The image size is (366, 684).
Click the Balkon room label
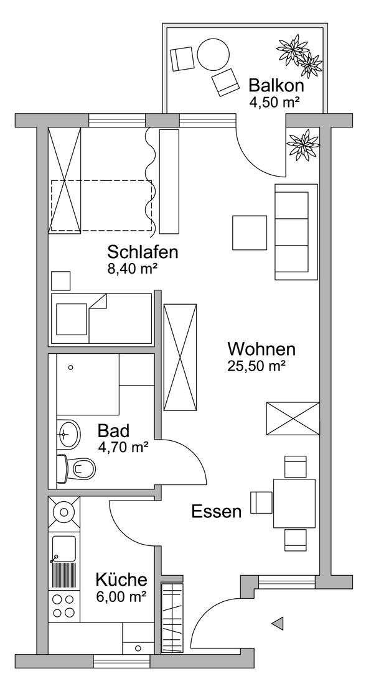[x=276, y=85]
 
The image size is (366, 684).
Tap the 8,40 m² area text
[x=133, y=269]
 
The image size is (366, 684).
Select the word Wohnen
[x=261, y=349]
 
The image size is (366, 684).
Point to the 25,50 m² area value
[x=257, y=366]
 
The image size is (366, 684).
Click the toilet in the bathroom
[x=76, y=469]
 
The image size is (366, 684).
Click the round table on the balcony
[x=213, y=55]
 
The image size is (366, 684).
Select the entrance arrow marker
[x=278, y=623]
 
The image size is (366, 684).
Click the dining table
[x=294, y=504]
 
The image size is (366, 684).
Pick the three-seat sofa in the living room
[x=296, y=232]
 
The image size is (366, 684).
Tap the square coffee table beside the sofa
[x=250, y=233]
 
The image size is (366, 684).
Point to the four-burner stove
[x=64, y=605]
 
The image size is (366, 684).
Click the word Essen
[x=217, y=512]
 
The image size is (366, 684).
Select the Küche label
[x=121, y=580]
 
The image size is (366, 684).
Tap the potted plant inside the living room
[x=304, y=144]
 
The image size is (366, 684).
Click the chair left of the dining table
[x=261, y=502]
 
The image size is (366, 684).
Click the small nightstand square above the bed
[x=61, y=281]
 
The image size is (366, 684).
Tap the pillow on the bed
[x=72, y=320]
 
